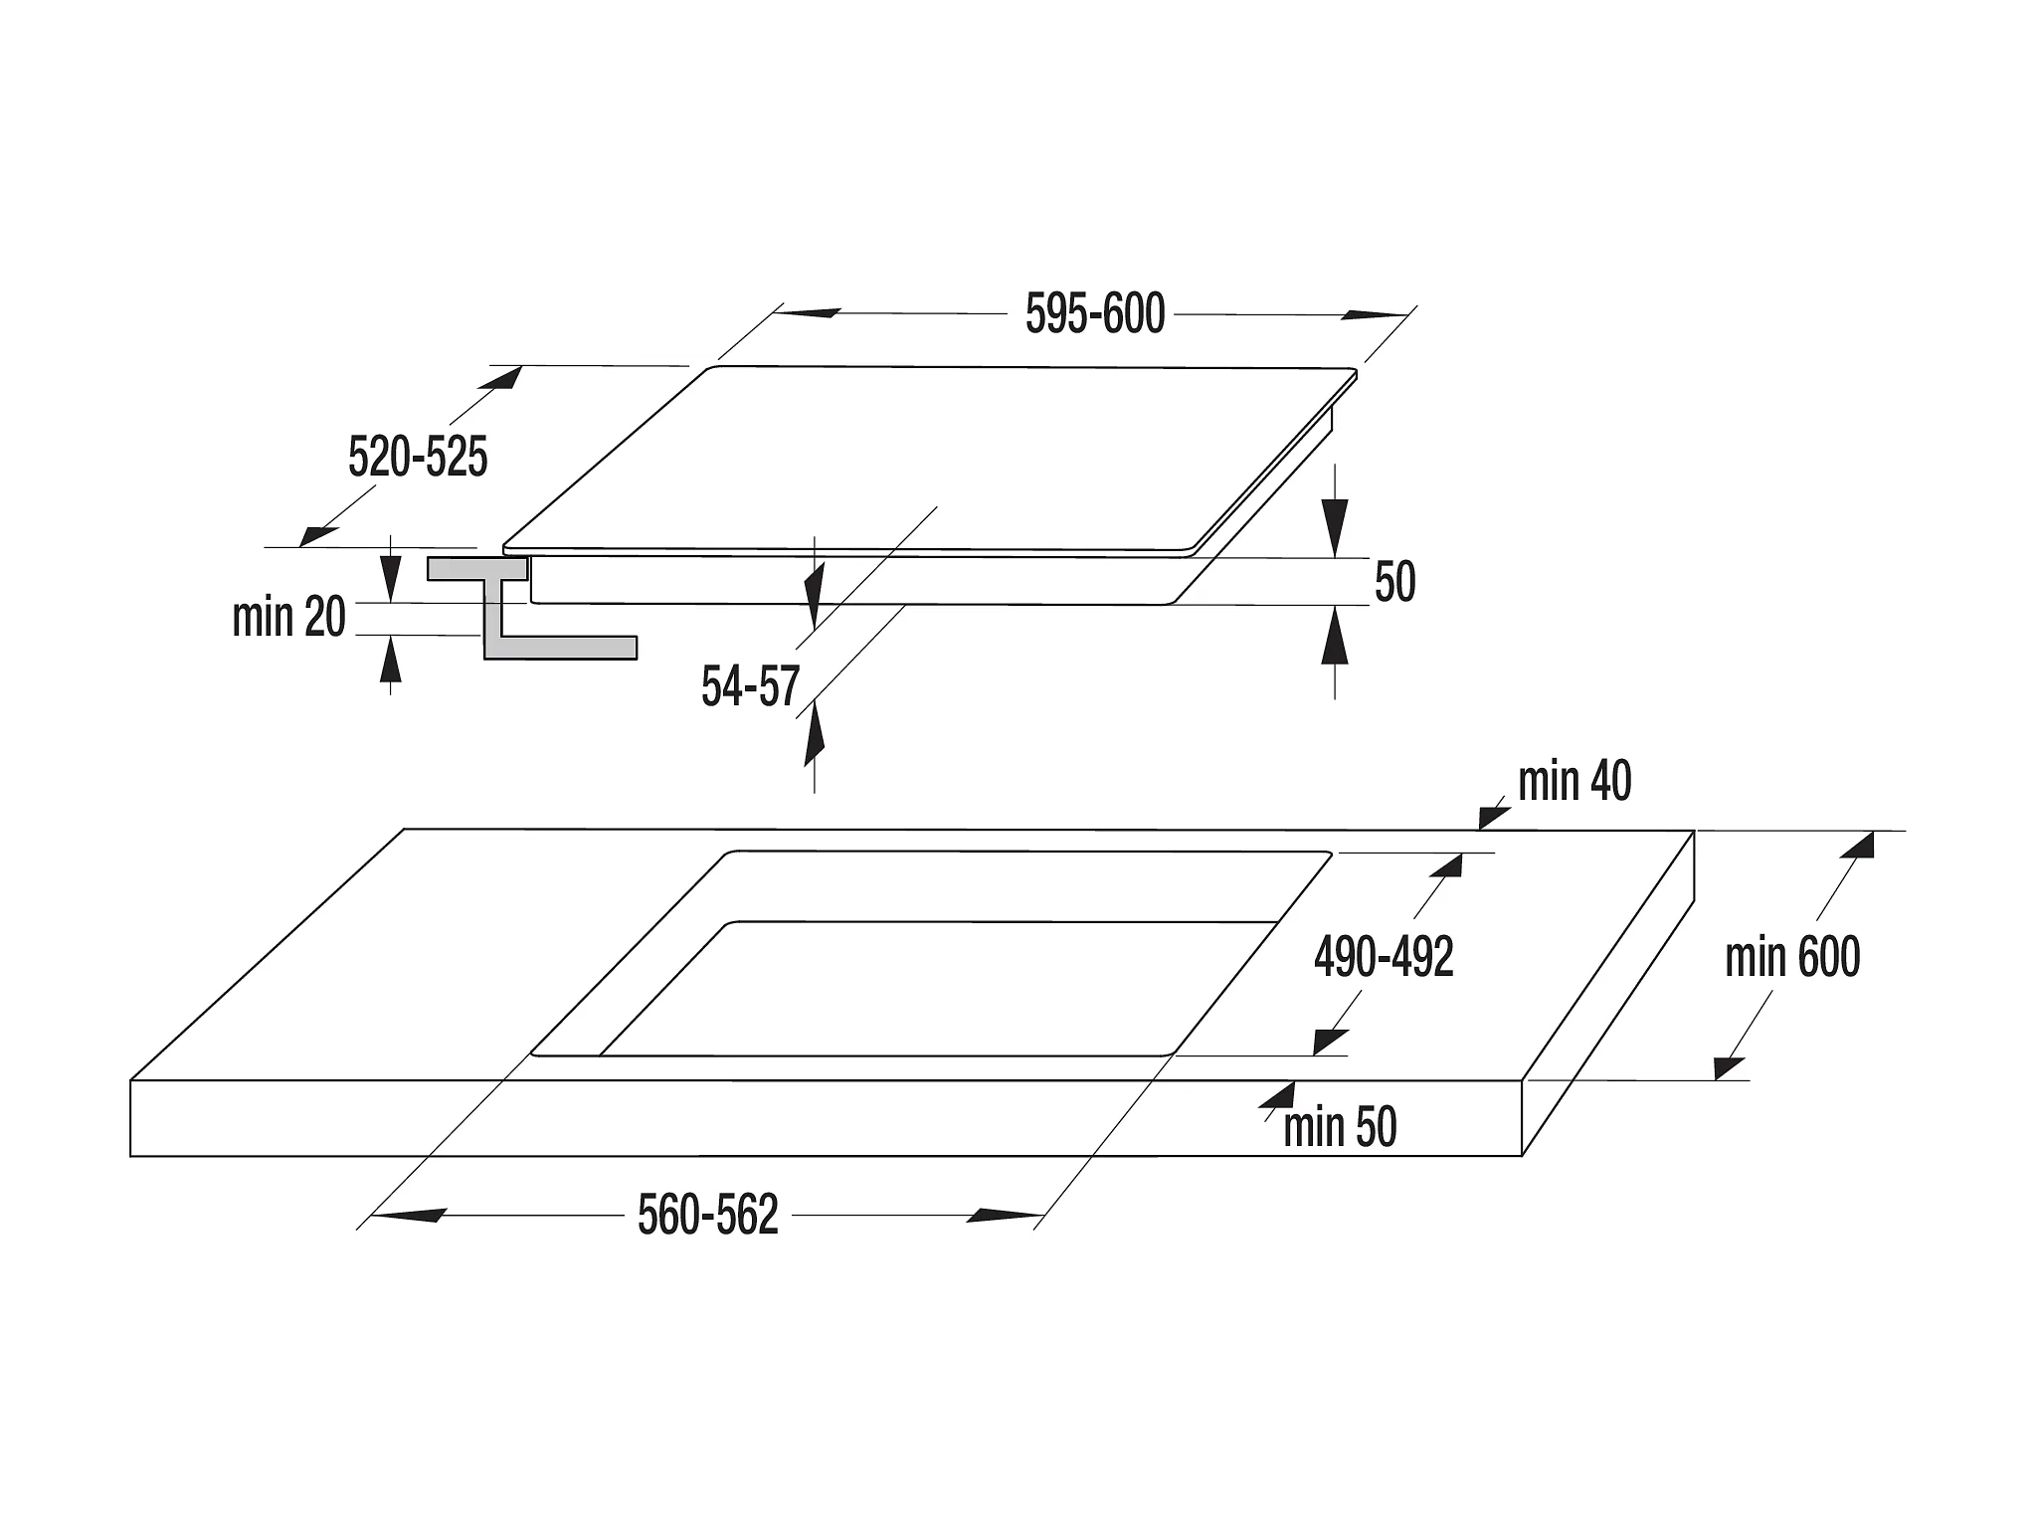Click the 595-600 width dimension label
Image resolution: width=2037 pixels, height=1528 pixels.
click(x=1095, y=314)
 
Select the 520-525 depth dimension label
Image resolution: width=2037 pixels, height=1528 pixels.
click(x=418, y=458)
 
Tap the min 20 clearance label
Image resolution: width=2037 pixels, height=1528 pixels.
click(x=288, y=617)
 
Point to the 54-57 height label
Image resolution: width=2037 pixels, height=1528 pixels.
click(x=750, y=686)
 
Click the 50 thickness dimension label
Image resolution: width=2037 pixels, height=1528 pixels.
click(x=1394, y=582)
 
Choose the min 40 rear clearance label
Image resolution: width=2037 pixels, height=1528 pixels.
click(x=1574, y=782)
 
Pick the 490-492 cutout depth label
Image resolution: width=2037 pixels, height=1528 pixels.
click(x=1384, y=957)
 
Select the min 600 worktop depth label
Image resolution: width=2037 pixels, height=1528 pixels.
click(x=1792, y=957)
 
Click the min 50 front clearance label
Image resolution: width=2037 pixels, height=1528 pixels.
click(x=1340, y=1127)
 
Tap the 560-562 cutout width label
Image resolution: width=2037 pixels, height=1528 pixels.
click(x=708, y=1215)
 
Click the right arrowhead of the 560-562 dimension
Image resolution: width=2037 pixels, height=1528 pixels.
click(x=1007, y=1215)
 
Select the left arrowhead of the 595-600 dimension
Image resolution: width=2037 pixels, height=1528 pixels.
click(x=808, y=312)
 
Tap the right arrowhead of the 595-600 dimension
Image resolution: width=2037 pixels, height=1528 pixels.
click(x=1374, y=314)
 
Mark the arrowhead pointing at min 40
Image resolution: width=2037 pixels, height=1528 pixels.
click(x=1495, y=816)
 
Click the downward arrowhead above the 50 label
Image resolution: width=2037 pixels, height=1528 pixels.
click(x=1334, y=525)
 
